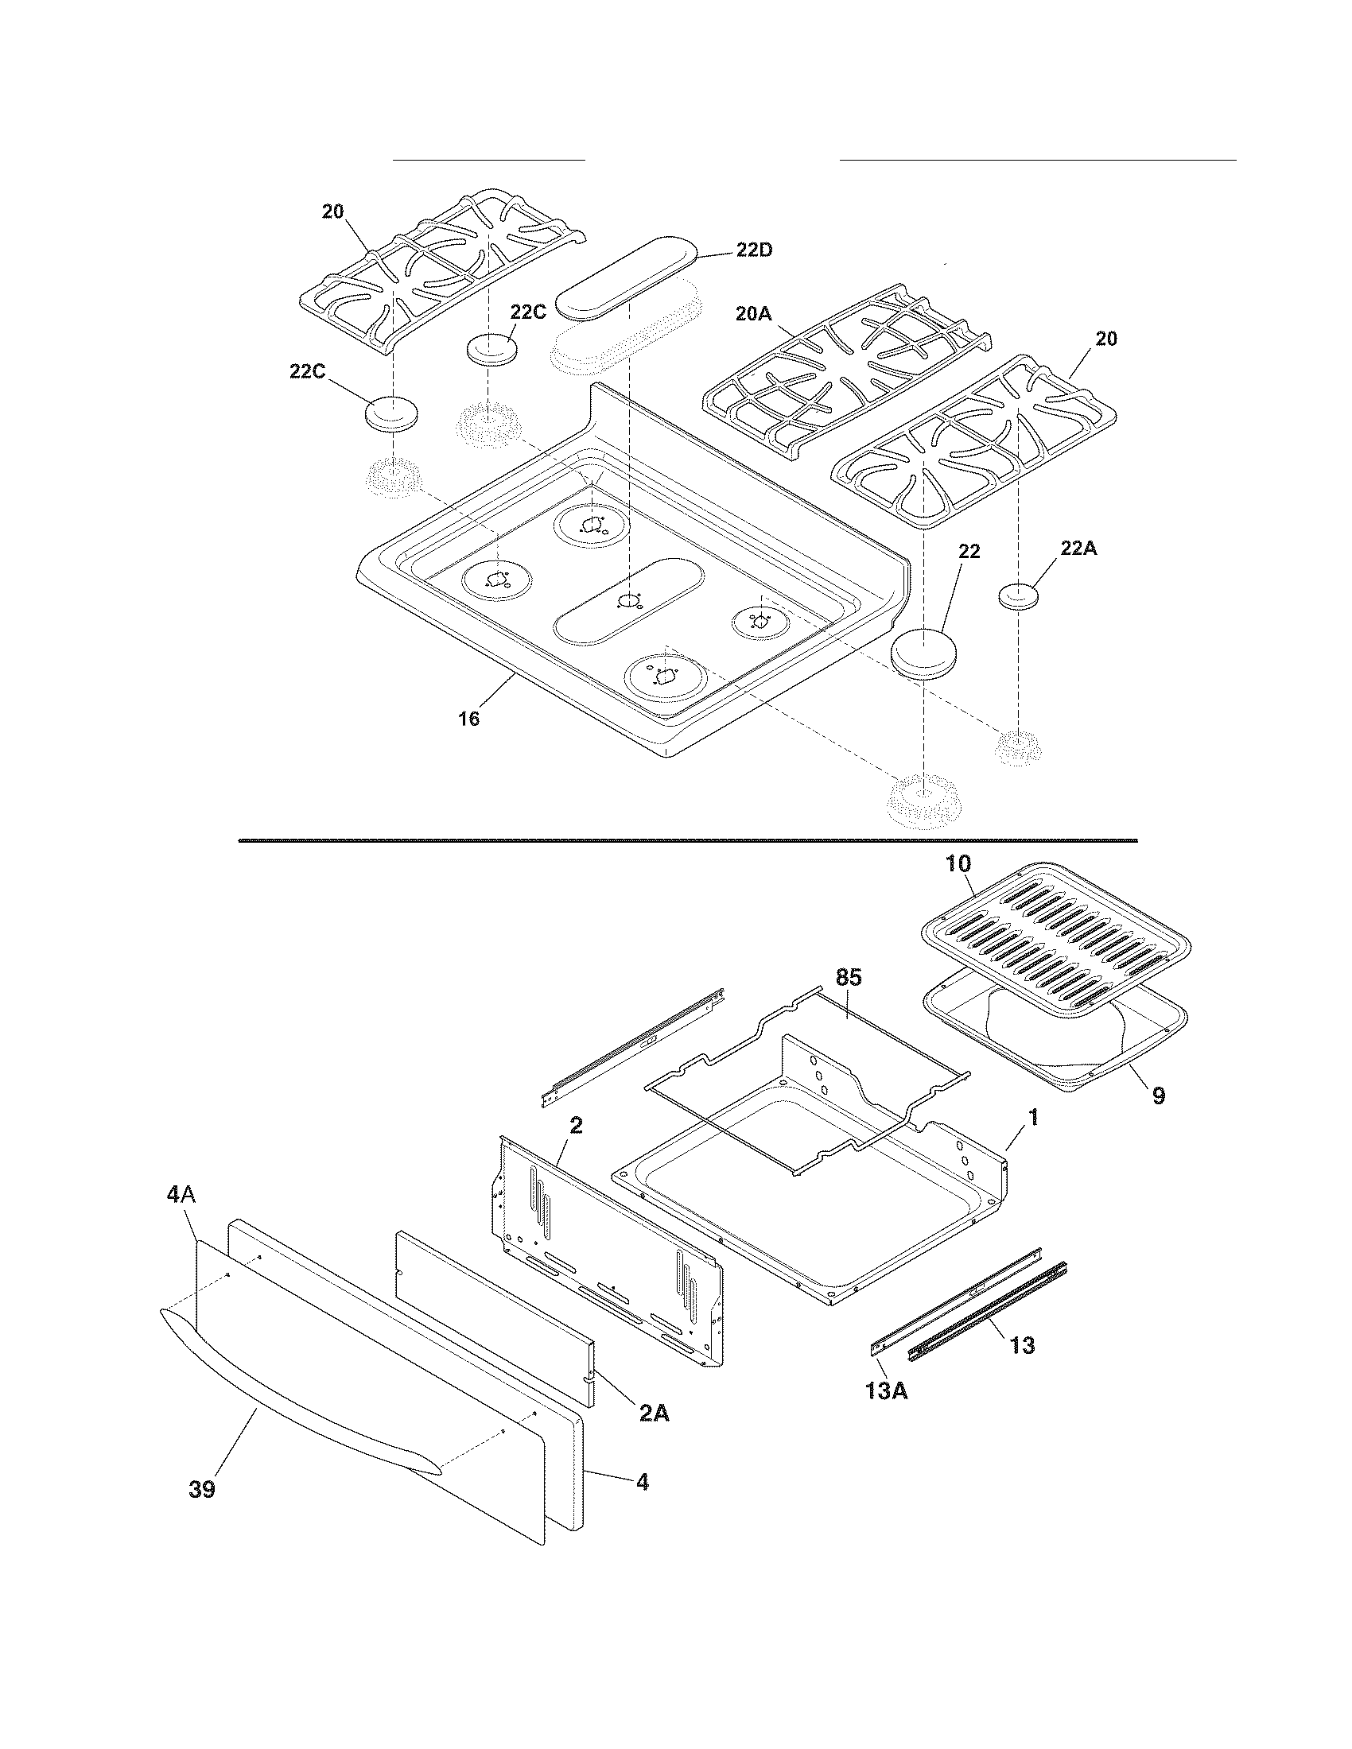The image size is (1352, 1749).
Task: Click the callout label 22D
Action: pos(755,250)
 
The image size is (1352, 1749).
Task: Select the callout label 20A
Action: pos(753,315)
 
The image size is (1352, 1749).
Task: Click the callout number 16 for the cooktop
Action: pos(469,719)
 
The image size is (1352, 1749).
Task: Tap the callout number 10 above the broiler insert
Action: pos(958,864)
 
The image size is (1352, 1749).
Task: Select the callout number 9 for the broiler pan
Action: pos(1158,1096)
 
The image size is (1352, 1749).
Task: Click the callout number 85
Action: pos(849,977)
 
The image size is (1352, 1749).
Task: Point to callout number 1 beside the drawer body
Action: pos(1033,1117)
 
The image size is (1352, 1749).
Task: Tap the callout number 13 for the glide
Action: pos(1022,1345)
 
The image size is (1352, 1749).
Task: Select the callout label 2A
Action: pos(654,1414)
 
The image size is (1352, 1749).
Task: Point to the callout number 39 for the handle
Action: pos(202,1490)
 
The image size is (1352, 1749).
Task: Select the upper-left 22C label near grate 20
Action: pos(528,312)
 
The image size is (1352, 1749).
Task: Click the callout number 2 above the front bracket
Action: pos(576,1125)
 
